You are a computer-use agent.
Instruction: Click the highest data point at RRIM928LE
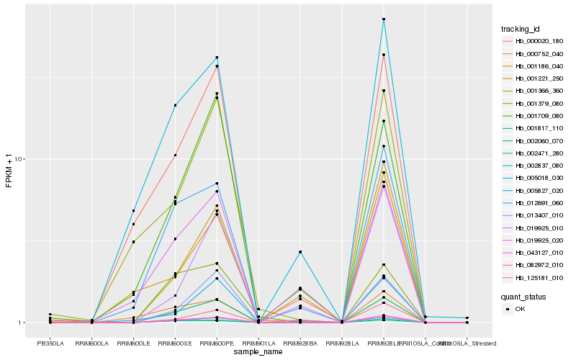coord(384,19)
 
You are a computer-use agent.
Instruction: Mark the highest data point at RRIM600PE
coord(217,58)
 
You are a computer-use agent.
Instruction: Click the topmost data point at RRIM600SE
coord(175,105)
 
